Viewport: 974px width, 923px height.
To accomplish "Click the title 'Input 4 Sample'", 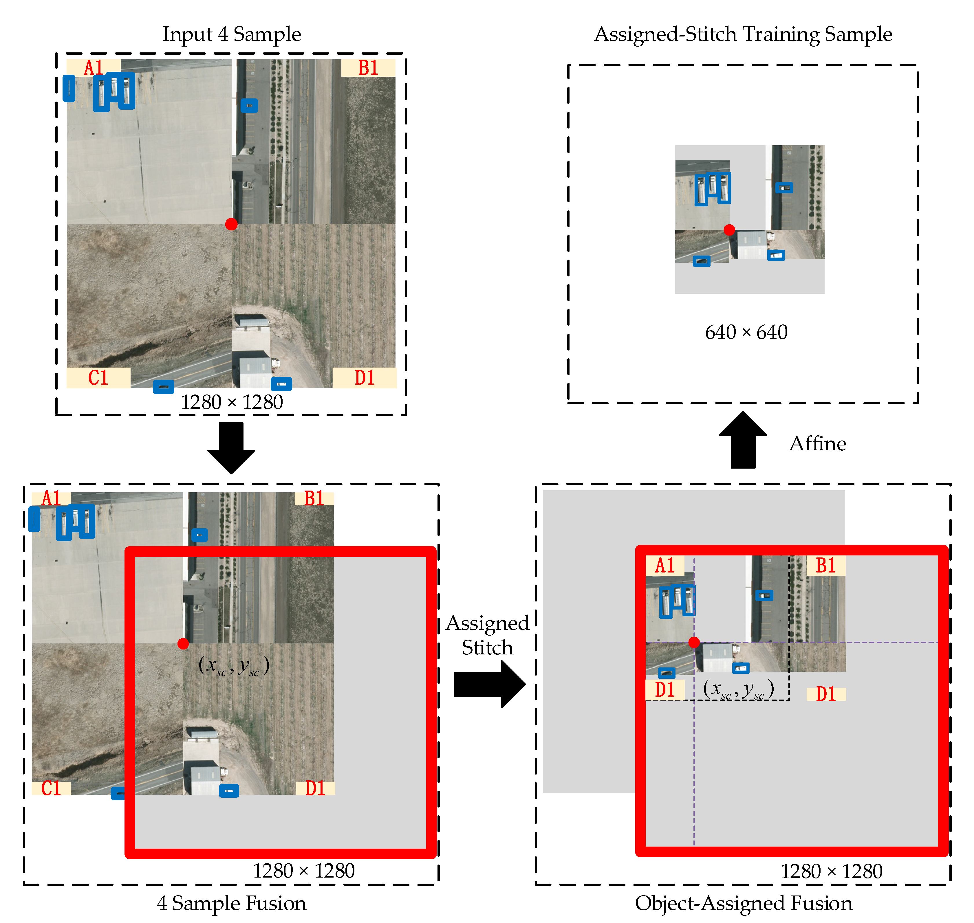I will tap(232, 34).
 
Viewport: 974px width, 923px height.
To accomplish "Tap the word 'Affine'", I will tap(817, 444).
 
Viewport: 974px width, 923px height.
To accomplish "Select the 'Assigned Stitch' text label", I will tap(487, 635).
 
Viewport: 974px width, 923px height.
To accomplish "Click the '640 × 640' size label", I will tap(746, 333).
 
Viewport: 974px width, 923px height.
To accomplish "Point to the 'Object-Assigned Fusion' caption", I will tap(743, 903).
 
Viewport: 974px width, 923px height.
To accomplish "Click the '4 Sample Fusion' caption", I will tap(231, 903).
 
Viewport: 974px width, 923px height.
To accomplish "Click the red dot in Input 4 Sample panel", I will tap(231, 224).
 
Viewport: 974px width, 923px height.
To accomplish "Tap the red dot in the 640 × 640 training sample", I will tap(729, 230).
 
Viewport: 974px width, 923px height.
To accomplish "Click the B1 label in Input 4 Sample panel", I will tap(368, 68).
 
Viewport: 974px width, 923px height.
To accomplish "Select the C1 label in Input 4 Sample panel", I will tap(98, 378).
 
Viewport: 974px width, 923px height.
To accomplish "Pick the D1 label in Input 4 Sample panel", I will tap(365, 378).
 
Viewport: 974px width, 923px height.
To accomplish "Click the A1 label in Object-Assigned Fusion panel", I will tap(665, 566).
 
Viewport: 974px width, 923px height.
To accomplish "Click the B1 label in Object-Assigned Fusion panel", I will tap(826, 566).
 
